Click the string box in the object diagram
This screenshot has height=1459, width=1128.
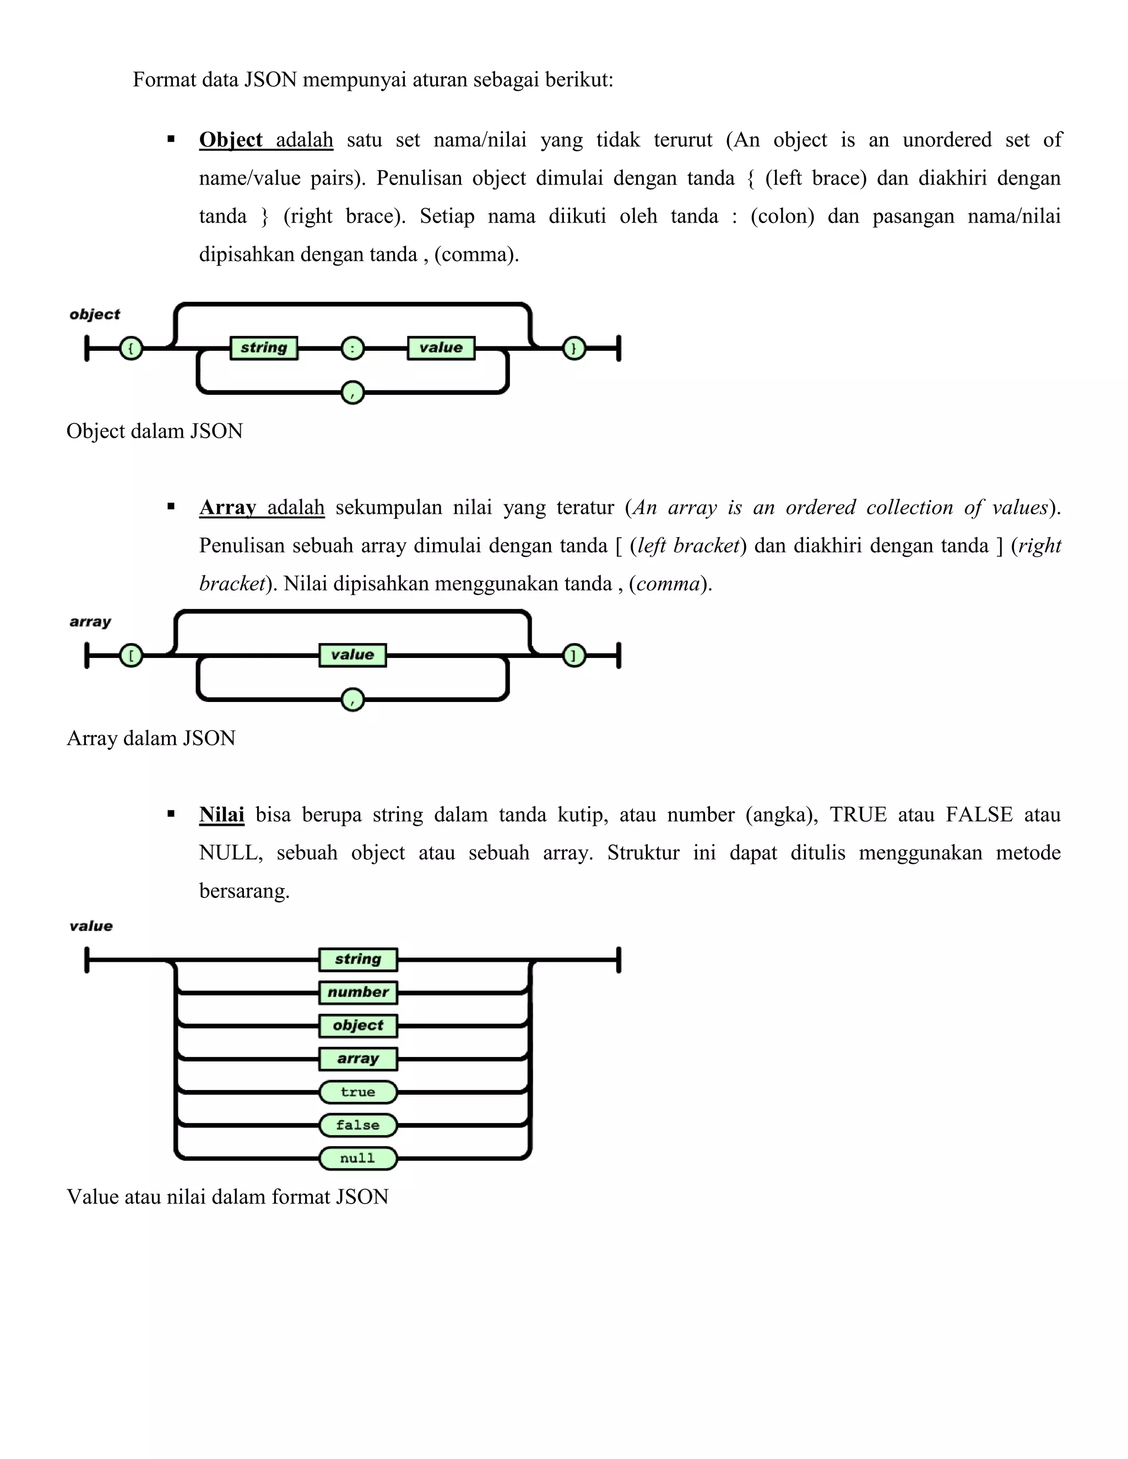pyautogui.click(x=264, y=348)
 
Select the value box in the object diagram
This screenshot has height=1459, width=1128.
pyautogui.click(x=441, y=348)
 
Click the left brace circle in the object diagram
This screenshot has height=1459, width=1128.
pyautogui.click(x=131, y=348)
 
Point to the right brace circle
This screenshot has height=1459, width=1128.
pyautogui.click(x=574, y=348)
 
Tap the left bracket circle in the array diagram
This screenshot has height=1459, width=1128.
pyautogui.click(x=131, y=655)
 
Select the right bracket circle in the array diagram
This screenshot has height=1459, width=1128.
pyautogui.click(x=574, y=655)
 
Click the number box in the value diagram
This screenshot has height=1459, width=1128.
pyautogui.click(x=358, y=993)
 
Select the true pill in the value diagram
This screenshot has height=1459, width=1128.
pyautogui.click(x=358, y=1092)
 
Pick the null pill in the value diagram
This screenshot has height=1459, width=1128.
pyautogui.click(x=358, y=1158)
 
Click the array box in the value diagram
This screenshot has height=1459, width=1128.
pyautogui.click(x=358, y=1059)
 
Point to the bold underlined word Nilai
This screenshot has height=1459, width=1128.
pyautogui.click(x=222, y=815)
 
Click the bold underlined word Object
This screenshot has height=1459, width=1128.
pyautogui.click(x=231, y=140)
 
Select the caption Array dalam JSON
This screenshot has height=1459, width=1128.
pyautogui.click(x=151, y=738)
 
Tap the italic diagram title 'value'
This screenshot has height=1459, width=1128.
pyautogui.click(x=91, y=927)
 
